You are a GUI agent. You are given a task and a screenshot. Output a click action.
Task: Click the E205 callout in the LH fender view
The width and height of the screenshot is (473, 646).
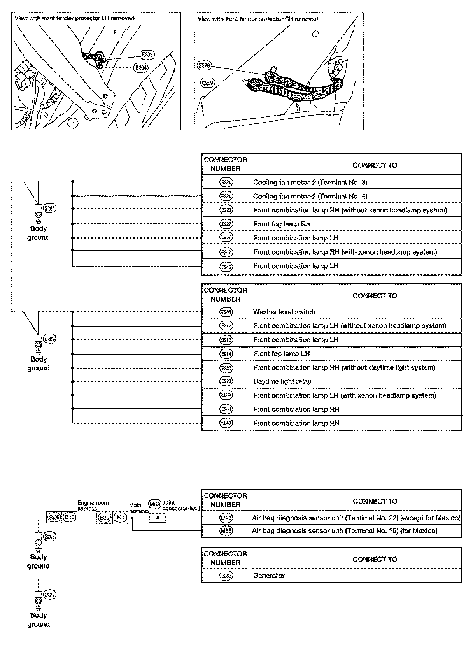[147, 55]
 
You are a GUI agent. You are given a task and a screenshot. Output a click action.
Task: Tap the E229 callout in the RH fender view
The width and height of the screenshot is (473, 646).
[204, 66]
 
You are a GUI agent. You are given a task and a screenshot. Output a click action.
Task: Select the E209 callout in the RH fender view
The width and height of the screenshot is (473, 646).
[208, 83]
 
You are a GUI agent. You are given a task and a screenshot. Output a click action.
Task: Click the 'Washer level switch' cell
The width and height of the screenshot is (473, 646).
[284, 312]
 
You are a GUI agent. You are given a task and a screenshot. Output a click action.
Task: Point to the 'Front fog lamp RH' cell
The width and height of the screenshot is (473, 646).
[282, 224]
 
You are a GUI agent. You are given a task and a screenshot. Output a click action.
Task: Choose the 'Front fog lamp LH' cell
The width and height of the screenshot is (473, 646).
[281, 354]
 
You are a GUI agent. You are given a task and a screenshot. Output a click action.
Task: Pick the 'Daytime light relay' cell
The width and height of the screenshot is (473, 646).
[282, 381]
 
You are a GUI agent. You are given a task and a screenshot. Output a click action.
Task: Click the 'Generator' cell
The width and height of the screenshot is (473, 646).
[269, 576]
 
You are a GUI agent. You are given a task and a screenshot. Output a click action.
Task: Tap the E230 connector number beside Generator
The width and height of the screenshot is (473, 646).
[226, 576]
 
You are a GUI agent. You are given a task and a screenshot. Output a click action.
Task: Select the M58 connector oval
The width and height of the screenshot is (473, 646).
[155, 504]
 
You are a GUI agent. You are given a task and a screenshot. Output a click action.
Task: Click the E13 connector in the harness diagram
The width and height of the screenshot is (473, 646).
[70, 517]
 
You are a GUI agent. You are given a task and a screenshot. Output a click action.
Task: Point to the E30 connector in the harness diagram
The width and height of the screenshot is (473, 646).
[105, 517]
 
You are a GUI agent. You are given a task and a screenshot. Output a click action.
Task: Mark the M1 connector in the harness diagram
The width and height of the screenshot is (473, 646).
[120, 517]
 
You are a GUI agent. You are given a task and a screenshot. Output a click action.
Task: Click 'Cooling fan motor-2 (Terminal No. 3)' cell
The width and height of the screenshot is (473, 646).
[310, 182]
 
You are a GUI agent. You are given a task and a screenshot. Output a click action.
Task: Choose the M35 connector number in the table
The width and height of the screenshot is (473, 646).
[226, 531]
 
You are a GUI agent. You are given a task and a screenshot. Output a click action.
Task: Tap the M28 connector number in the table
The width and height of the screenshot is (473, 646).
[226, 518]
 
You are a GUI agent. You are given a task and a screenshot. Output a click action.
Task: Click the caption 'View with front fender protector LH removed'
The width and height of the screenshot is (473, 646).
[74, 18]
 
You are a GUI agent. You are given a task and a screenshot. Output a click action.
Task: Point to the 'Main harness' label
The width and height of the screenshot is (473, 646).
[138, 508]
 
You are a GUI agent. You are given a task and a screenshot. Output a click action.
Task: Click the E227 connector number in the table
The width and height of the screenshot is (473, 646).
[226, 224]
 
